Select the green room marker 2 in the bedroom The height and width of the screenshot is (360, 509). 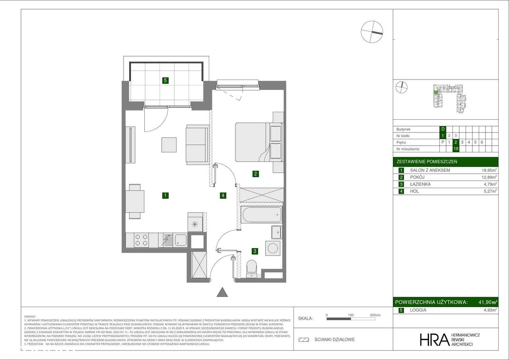(x=256, y=173)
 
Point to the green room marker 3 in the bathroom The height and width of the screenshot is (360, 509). (x=254, y=251)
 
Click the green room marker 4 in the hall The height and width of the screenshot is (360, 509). (x=223, y=195)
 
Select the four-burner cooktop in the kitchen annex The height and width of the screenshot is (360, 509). (x=142, y=240)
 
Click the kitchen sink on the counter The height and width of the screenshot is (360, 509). (x=181, y=240)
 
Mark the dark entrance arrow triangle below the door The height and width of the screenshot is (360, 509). (x=222, y=292)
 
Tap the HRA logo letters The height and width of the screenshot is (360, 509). (x=434, y=339)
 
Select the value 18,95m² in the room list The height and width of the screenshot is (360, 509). (x=489, y=170)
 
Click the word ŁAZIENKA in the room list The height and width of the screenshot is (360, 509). (x=420, y=185)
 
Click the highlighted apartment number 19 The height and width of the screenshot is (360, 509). (x=456, y=149)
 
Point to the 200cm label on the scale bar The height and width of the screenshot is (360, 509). (x=375, y=315)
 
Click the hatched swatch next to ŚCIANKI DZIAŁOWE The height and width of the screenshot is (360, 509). (x=304, y=340)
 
